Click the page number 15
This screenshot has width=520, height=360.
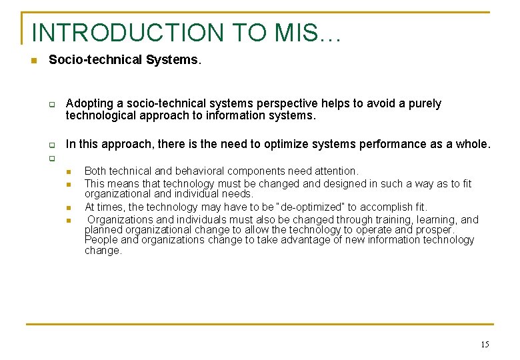click(484, 345)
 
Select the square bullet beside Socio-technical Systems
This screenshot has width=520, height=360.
click(33, 61)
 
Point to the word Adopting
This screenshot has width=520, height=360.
click(88, 104)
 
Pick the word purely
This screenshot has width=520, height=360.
click(424, 104)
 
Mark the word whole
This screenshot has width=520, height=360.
click(473, 144)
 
